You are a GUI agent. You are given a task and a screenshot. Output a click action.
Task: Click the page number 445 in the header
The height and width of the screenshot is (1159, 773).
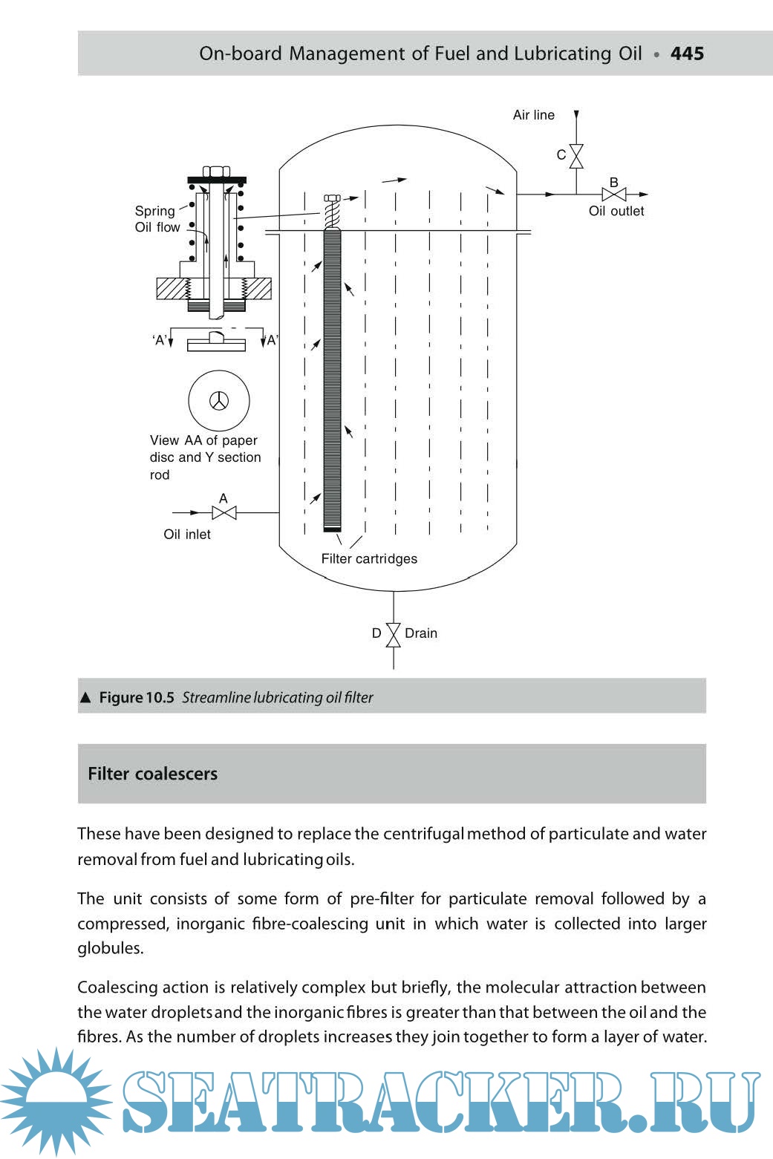[687, 53]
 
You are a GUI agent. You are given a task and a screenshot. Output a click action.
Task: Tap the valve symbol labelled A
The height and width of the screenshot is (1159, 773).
[224, 512]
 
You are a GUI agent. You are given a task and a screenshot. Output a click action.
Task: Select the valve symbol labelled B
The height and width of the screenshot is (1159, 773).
[614, 195]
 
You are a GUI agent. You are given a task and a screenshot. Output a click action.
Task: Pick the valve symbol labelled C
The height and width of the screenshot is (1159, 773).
[576, 156]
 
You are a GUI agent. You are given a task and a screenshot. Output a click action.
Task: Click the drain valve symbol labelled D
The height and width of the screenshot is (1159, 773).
[394, 634]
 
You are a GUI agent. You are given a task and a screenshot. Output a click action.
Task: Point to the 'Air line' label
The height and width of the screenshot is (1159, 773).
[533, 115]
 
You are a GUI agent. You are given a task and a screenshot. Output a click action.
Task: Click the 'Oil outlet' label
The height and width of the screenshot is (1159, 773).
[616, 211]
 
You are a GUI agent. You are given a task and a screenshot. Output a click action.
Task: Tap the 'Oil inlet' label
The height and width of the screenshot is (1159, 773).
[187, 535]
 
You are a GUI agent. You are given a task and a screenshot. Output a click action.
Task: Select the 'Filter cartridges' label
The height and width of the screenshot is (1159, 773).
[369, 558]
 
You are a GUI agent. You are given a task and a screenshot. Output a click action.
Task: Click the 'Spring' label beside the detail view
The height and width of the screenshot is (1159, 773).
[154, 211]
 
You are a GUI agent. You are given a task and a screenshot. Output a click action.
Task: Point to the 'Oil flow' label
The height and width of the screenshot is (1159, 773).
[157, 227]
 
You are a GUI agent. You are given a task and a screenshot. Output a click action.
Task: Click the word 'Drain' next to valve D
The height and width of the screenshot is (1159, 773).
[421, 633]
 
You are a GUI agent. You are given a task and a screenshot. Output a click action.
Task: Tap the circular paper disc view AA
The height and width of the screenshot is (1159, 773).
[219, 401]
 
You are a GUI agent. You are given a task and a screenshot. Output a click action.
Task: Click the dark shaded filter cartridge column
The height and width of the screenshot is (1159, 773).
[333, 379]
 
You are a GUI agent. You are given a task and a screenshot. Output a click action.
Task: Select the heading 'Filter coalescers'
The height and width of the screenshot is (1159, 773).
[153, 774]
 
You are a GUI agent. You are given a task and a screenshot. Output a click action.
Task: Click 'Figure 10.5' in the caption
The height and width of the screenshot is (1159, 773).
[137, 697]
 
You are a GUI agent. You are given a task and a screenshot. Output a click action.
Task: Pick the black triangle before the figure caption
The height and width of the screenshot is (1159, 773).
[85, 697]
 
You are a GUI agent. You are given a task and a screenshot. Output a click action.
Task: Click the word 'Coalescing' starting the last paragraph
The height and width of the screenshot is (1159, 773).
[114, 987]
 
